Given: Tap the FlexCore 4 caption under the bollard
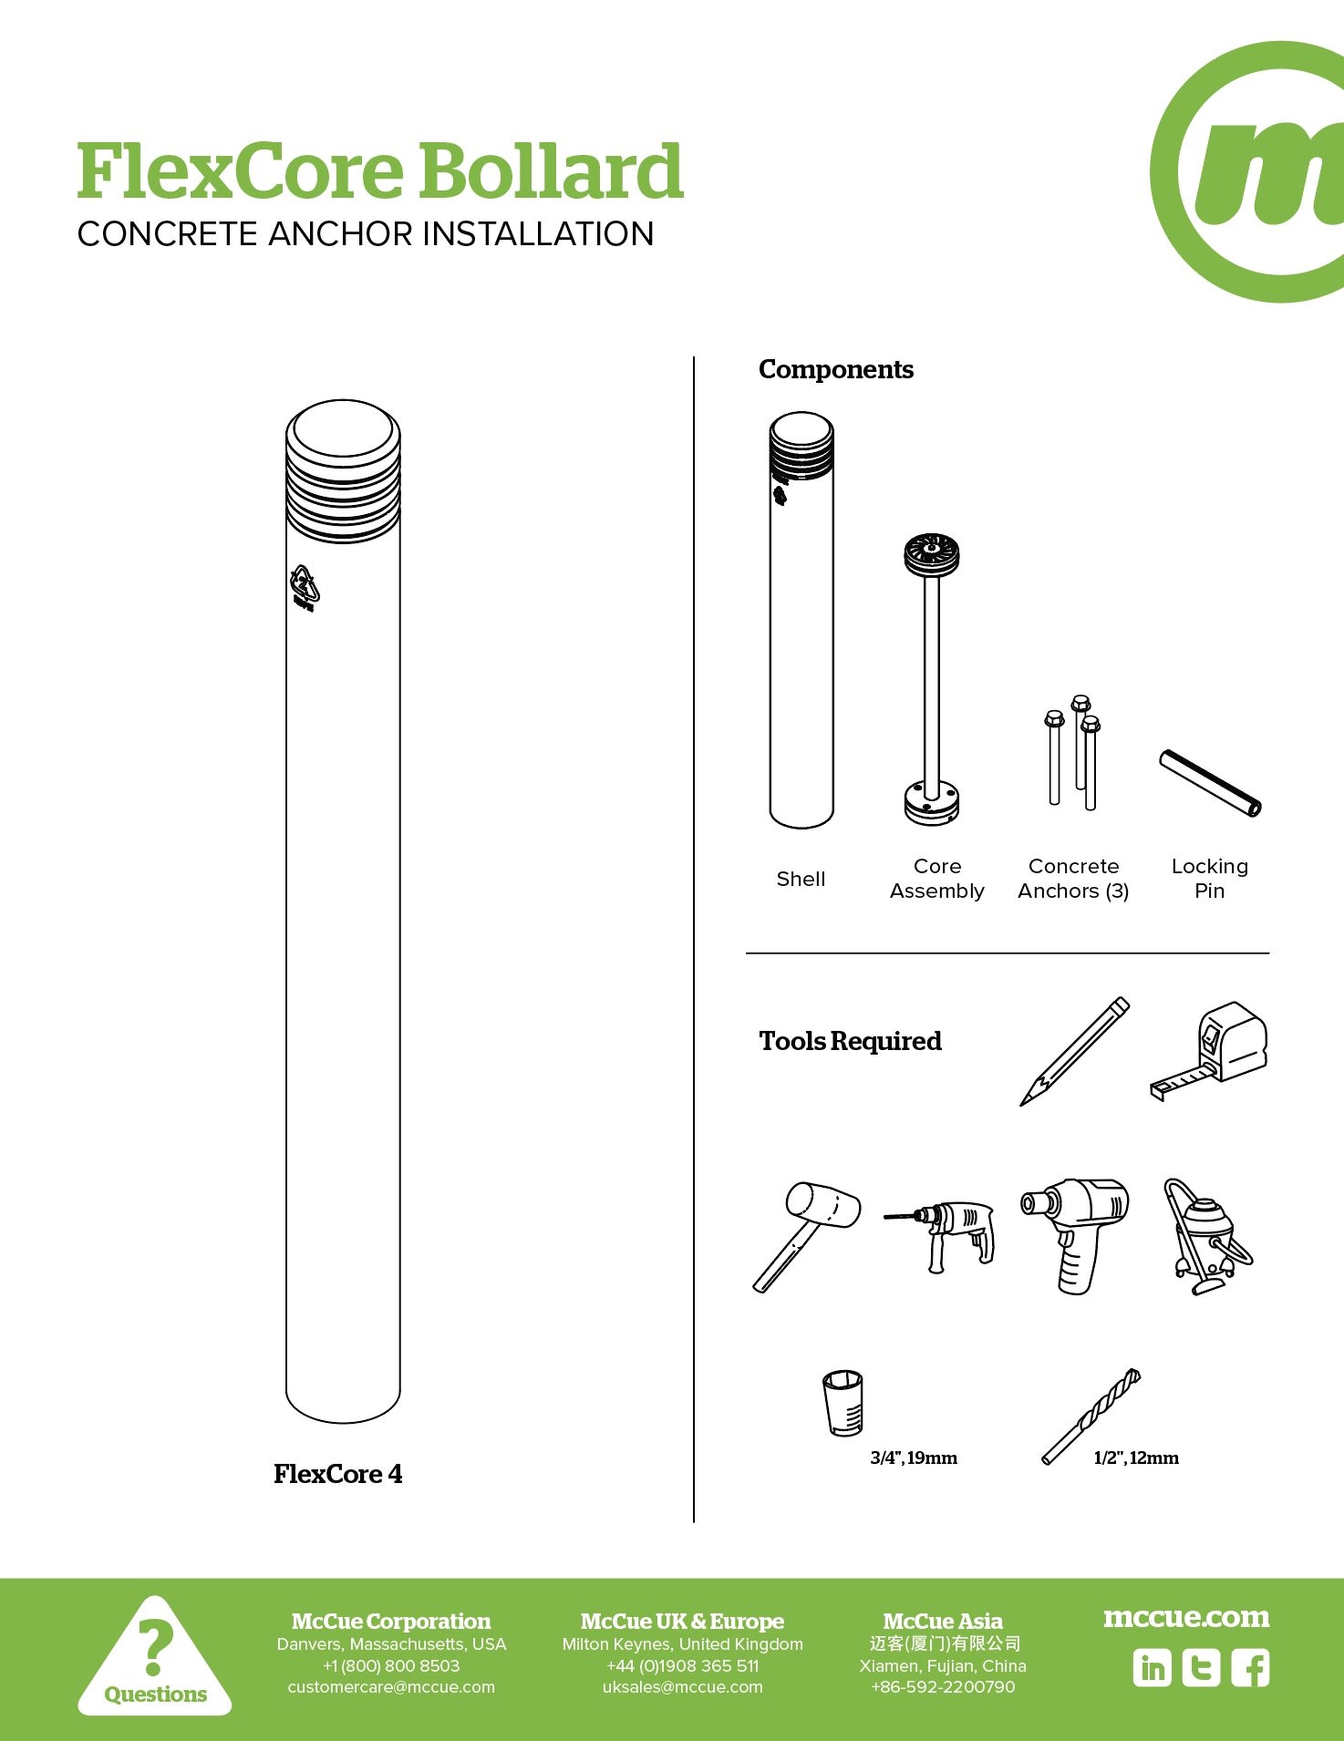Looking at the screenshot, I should (337, 1474).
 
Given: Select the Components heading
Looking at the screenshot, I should (835, 369).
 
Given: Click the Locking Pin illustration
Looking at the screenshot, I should (1210, 783).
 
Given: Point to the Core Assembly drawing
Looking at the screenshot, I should (932, 679).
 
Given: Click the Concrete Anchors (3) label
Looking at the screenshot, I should (1073, 879).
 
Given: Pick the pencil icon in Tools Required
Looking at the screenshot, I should (1074, 1051).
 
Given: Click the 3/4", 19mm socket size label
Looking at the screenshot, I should (913, 1458).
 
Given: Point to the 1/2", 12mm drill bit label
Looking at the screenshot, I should (1135, 1458).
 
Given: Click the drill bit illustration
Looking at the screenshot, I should (1091, 1416).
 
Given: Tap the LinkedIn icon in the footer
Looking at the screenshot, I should (1152, 1668).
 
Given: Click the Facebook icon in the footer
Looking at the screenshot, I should (1250, 1668).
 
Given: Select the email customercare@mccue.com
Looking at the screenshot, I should (391, 1687).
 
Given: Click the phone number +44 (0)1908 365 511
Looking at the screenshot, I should (682, 1665).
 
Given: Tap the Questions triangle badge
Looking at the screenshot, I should (155, 1659).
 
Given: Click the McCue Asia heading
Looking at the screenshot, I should (942, 1622).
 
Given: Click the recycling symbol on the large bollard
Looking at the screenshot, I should (305, 586).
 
